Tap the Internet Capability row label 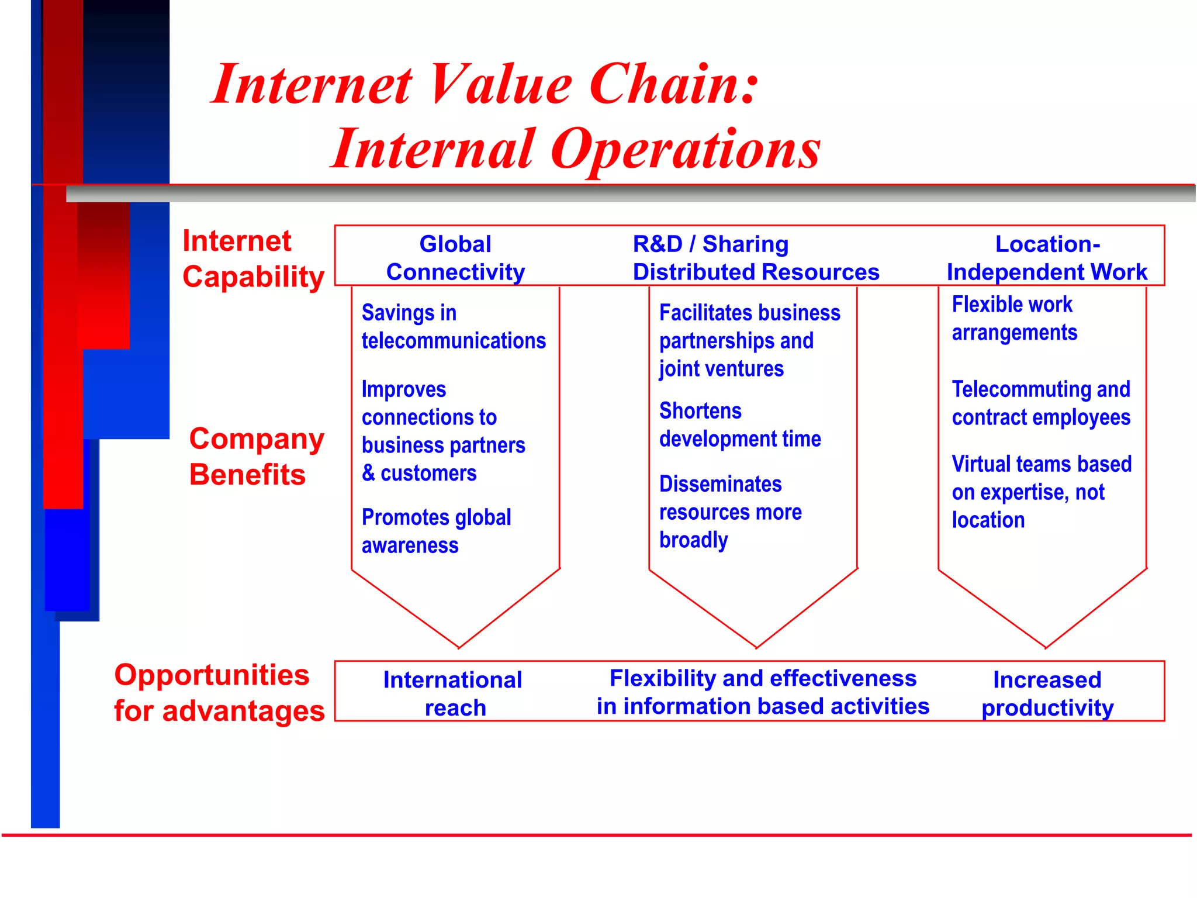coord(252,258)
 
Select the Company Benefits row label coord(256,456)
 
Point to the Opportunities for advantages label coord(219,693)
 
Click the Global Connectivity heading coord(455,258)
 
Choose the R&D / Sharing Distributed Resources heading coord(755,258)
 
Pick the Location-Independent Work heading coord(1047,258)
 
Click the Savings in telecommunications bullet coord(453,327)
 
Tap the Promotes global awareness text coord(436,531)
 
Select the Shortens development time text coord(739,425)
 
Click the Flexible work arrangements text coord(1014,319)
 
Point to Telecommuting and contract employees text coord(1040,403)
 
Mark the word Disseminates coord(720,484)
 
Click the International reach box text coord(453,693)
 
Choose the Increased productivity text coord(1047,693)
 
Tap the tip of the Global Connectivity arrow coord(459,647)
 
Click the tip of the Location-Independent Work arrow coord(1046,647)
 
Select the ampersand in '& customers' coord(368,473)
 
